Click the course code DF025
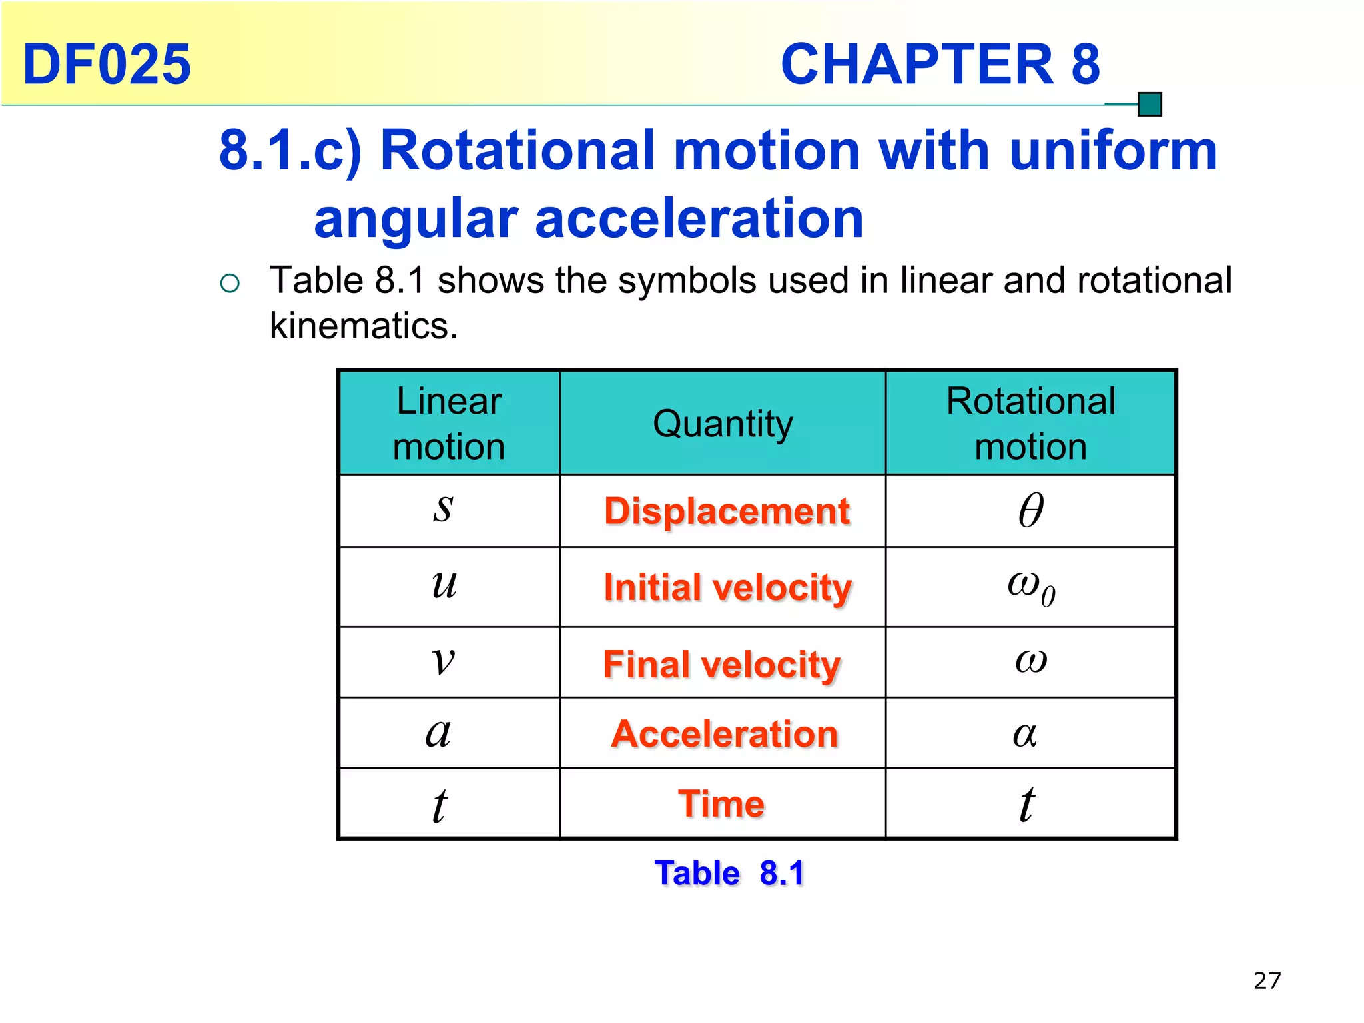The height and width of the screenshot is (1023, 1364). coord(107,64)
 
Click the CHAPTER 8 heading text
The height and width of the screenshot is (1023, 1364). coord(940,64)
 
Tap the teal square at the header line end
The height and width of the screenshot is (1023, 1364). coord(1150,105)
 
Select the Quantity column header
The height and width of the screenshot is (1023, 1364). coord(723,424)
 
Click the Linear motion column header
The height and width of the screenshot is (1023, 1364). coord(449,424)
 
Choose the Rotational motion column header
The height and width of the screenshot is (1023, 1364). coord(1030,424)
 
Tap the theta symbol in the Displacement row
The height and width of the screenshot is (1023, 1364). coord(1031,511)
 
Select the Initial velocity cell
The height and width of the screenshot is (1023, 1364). coord(727,587)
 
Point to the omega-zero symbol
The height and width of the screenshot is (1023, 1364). coord(1031,587)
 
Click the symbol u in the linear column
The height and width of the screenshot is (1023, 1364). coord(444,585)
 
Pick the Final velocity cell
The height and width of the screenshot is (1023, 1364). coord(722,664)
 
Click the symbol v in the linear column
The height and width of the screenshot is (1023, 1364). coord(443,661)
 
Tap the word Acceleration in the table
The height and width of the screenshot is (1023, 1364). coord(724,734)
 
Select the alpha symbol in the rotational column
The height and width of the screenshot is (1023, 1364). coord(1025,734)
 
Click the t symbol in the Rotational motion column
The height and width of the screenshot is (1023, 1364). coord(1027,804)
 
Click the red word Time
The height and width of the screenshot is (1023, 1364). coord(721,803)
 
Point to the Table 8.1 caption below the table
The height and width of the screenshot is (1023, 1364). coord(729,873)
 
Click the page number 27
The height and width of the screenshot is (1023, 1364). coord(1267,981)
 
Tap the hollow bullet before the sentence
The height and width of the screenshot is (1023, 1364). coord(230,284)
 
